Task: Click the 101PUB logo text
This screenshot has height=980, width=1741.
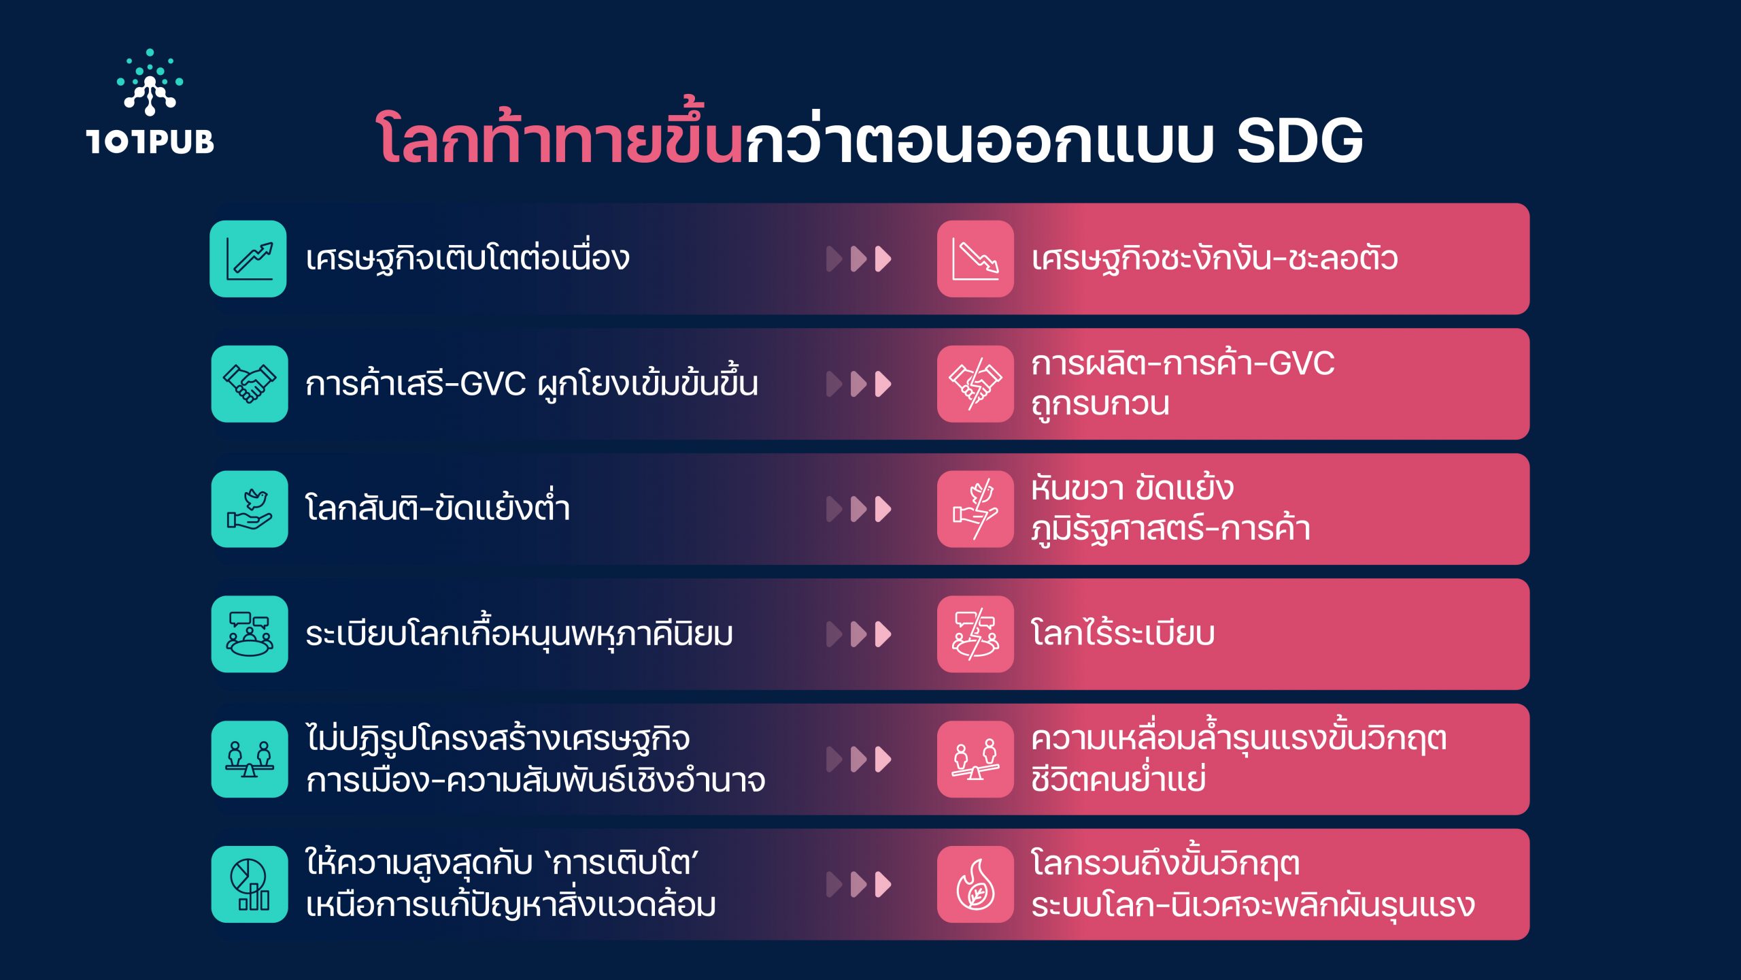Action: click(150, 142)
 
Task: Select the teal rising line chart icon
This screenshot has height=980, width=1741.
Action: click(248, 259)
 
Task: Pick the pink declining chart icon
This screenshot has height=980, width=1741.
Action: click(975, 259)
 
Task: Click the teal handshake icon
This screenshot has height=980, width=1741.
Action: click(249, 384)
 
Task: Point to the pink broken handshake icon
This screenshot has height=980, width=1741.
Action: click(975, 384)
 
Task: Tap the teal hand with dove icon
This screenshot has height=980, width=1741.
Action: click(249, 509)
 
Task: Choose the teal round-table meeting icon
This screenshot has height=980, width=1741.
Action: click(249, 634)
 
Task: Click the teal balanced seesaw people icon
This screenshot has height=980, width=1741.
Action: click(249, 759)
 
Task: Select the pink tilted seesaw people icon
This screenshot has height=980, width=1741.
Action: click(975, 759)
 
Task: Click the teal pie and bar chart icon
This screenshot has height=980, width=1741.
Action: click(249, 885)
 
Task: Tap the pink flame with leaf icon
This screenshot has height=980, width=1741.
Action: click(975, 885)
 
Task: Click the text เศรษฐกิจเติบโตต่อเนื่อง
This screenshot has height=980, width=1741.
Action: click(468, 259)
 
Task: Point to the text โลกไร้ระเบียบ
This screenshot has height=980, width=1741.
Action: click(1123, 633)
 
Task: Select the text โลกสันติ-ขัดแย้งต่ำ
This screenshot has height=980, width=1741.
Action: click(438, 507)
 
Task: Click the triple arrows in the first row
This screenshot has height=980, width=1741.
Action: click(858, 259)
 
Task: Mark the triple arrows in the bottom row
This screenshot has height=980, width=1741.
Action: click(858, 885)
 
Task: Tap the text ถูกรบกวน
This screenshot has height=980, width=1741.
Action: click(1100, 404)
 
